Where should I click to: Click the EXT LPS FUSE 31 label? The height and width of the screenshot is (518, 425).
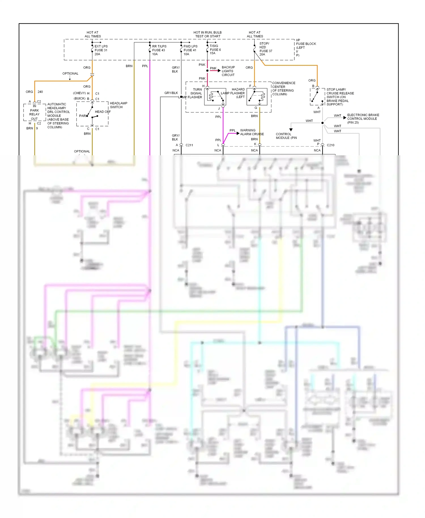[x=101, y=50]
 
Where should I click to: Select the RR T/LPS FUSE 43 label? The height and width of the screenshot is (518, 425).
[x=159, y=50]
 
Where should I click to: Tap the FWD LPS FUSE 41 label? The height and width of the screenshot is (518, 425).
[x=190, y=50]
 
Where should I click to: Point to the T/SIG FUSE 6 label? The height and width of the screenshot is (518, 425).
[x=215, y=49]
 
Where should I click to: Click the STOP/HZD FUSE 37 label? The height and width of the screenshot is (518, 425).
[x=265, y=49]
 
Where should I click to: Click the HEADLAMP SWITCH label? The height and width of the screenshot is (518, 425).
[x=118, y=105]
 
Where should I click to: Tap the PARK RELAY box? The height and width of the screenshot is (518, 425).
[x=35, y=112]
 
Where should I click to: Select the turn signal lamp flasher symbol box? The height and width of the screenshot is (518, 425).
[x=215, y=97]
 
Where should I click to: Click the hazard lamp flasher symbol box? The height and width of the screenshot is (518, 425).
[x=257, y=97]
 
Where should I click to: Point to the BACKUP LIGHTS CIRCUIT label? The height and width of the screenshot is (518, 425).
[x=228, y=71]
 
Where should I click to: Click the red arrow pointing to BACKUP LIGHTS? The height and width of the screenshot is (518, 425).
[x=219, y=71]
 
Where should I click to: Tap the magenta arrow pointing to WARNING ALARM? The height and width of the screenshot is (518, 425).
[x=238, y=133]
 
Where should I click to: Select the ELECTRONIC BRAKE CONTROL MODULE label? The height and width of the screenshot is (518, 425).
[x=363, y=118]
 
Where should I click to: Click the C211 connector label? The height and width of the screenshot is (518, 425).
[x=189, y=145]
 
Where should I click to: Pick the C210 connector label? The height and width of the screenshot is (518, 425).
[x=330, y=145]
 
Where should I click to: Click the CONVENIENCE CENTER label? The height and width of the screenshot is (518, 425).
[x=283, y=88]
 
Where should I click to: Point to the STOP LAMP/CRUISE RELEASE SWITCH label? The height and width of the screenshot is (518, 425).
[x=340, y=97]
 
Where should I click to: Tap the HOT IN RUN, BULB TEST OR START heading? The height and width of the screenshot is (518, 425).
[x=208, y=34]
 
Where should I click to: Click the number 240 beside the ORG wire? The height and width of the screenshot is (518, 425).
[x=40, y=92]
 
